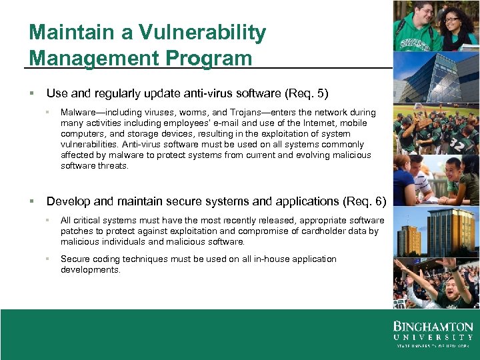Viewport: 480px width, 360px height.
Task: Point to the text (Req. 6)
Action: tap(364, 201)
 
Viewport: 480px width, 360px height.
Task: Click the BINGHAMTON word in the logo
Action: tap(433, 327)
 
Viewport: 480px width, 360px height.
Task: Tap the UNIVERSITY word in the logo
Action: tap(433, 337)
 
